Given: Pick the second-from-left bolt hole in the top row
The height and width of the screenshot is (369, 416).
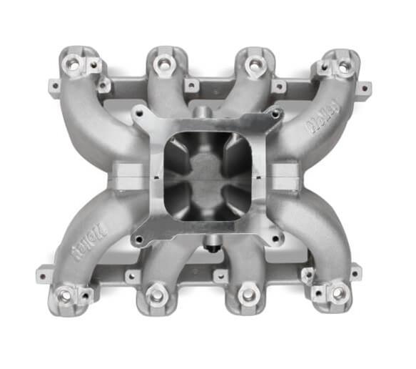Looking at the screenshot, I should (x=163, y=65).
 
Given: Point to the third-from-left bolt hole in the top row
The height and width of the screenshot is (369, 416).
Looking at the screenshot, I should (x=253, y=65).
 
